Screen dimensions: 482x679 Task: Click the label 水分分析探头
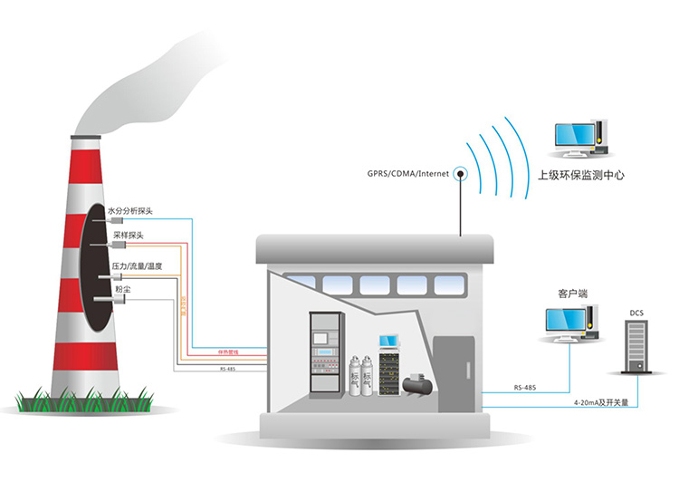tap(130, 211)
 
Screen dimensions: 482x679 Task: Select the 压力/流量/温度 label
tap(136, 265)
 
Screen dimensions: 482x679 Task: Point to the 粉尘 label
tap(121, 289)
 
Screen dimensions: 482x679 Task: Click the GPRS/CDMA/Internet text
tap(406, 172)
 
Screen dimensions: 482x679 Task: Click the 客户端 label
tap(573, 294)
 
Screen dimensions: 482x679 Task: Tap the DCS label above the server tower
tap(637, 313)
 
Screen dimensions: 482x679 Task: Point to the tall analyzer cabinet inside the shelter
tap(321, 356)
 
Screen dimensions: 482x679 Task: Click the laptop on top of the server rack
tap(388, 342)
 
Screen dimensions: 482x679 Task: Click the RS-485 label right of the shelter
tap(524, 388)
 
